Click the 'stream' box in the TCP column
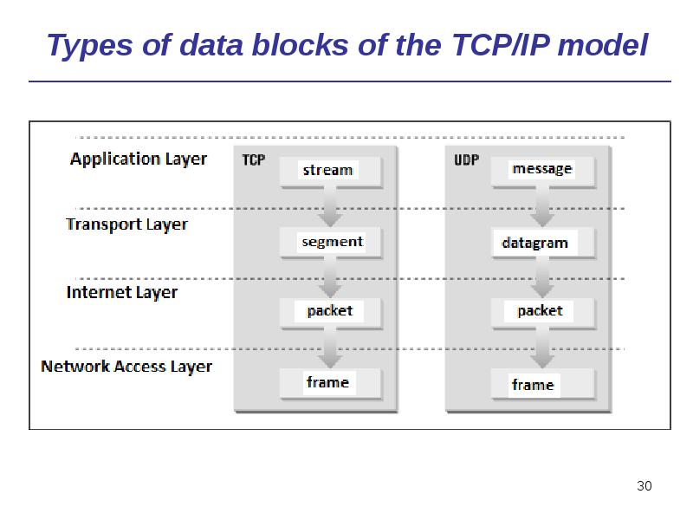[330, 171]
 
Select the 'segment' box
[331, 242]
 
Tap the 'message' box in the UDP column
[542, 170]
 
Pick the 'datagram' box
[542, 243]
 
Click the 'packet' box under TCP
[330, 311]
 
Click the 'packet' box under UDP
[542, 311]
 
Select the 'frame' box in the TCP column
[330, 382]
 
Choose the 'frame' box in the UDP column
[542, 384]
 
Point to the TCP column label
[253, 159]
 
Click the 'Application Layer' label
[139, 159]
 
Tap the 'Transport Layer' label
[126, 224]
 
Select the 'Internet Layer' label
[122, 292]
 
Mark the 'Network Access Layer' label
[126, 367]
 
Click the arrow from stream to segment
[330, 206]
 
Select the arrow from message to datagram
[542, 206]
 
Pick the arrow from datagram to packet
[542, 277]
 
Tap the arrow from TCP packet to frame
[330, 348]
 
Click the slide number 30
[644, 486]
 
